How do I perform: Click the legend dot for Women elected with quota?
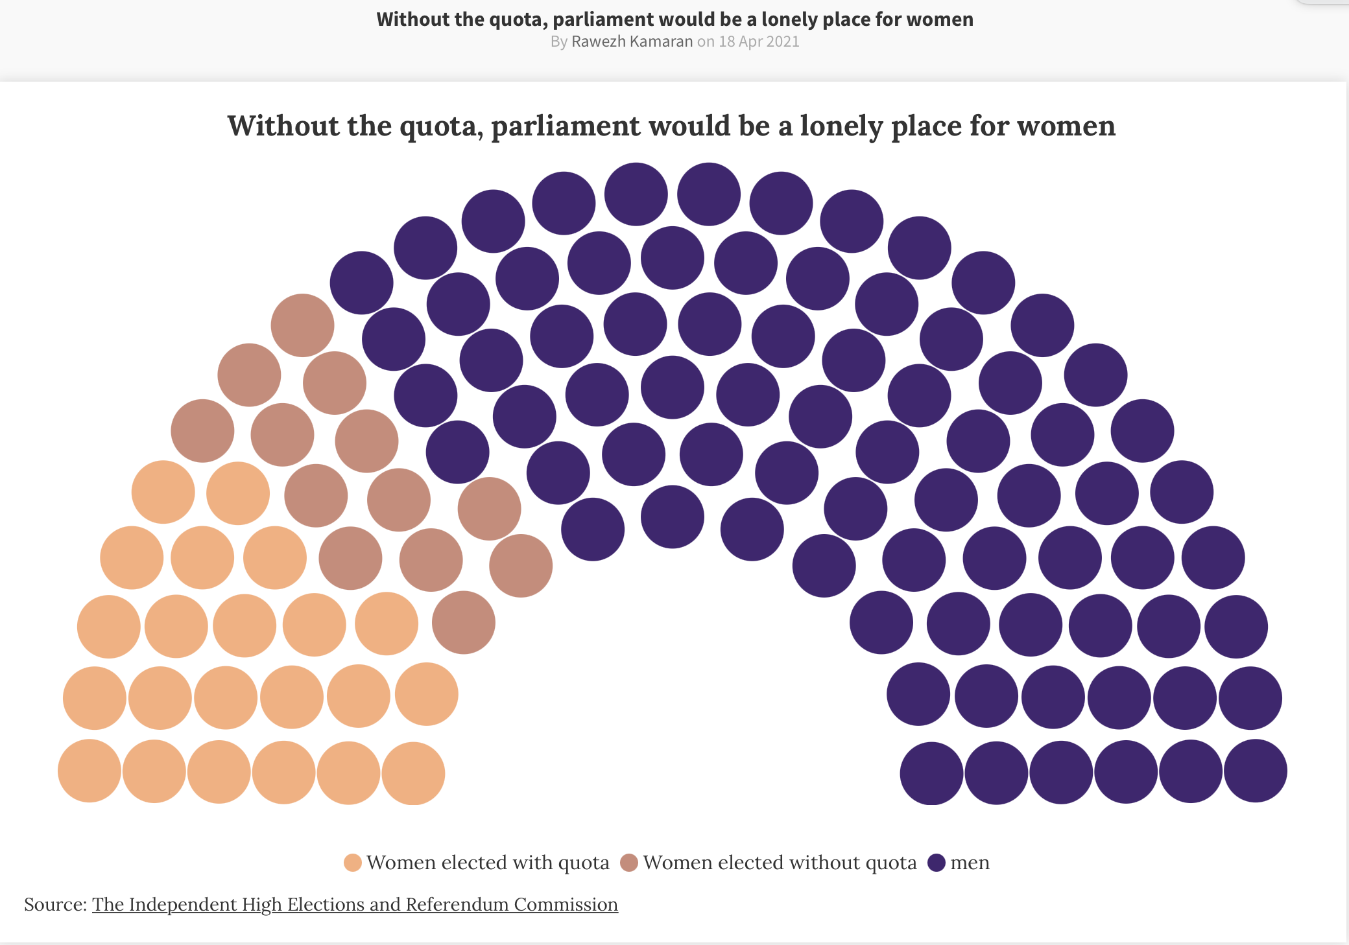[353, 863]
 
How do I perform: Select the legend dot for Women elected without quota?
[629, 863]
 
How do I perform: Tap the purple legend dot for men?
[937, 863]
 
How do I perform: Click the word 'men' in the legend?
[970, 863]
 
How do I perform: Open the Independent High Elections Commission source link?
[355, 905]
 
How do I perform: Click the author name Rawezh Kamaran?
[632, 41]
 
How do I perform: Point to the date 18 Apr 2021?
[759, 41]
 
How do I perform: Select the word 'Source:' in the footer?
[56, 905]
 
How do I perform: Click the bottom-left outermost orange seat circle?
[90, 771]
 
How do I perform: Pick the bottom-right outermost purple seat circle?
[1255, 771]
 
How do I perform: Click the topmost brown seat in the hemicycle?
[302, 325]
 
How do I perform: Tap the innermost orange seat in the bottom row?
[413, 773]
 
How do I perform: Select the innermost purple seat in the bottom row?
[931, 773]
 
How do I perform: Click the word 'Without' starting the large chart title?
[283, 126]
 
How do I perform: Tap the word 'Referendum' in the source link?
[457, 905]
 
